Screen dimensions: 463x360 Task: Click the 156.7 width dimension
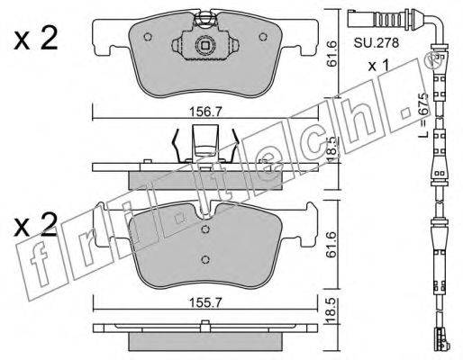click(205, 112)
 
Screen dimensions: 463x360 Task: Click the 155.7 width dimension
click(205, 303)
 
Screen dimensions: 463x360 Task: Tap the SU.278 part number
click(376, 43)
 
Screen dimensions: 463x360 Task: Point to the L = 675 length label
click(422, 115)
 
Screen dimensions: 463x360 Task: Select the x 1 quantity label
click(378, 66)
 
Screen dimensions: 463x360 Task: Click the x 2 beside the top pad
click(36, 40)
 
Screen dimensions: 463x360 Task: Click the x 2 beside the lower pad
click(36, 225)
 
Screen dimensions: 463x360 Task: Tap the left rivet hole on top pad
click(148, 37)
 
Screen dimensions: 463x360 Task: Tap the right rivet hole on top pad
click(263, 37)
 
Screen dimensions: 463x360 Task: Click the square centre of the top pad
click(205, 46)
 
